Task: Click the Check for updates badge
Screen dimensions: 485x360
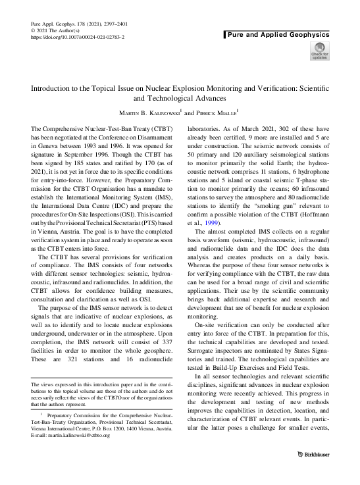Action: click(x=320, y=51)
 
